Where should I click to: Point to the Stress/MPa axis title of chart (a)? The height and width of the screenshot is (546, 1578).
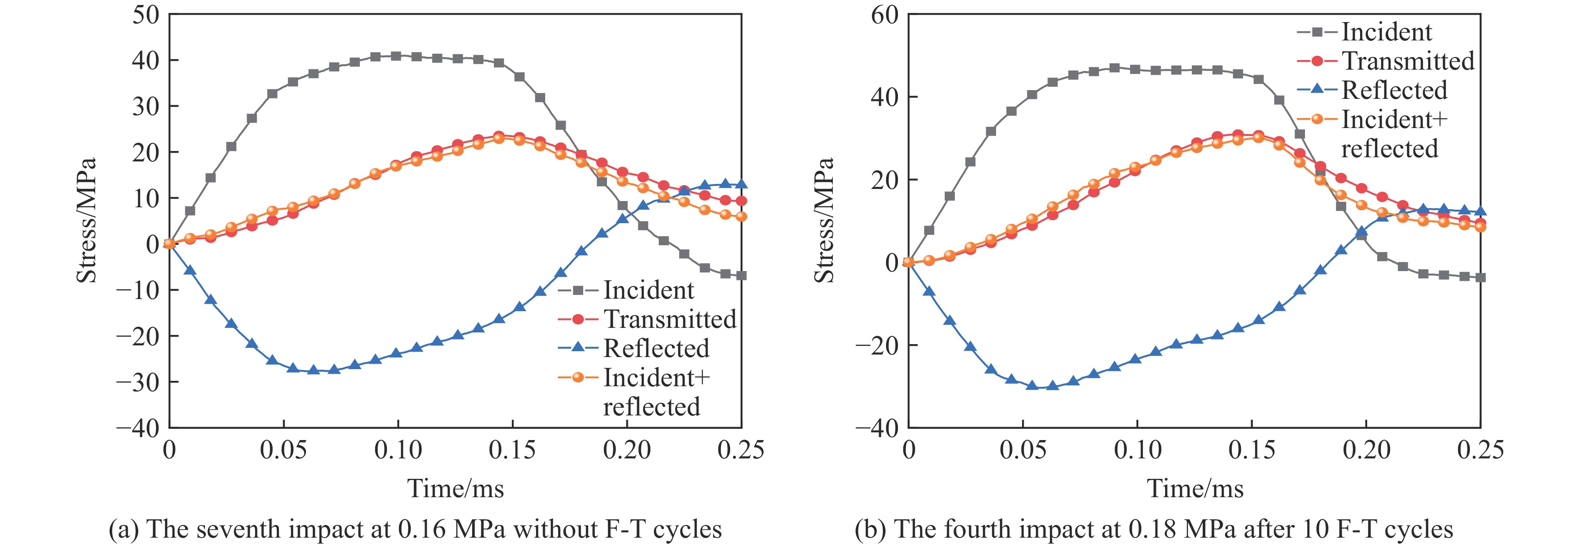click(x=86, y=220)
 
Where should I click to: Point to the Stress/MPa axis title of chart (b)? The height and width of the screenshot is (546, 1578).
click(x=824, y=220)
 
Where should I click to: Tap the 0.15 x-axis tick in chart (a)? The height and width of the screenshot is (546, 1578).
click(x=512, y=450)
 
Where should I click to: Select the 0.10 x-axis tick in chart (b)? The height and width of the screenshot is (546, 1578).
click(x=1138, y=450)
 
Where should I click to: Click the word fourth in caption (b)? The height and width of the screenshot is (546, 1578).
click(x=989, y=529)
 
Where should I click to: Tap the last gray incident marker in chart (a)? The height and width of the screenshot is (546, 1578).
click(x=741, y=275)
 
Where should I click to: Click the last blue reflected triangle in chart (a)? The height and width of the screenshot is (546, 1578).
click(x=741, y=184)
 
